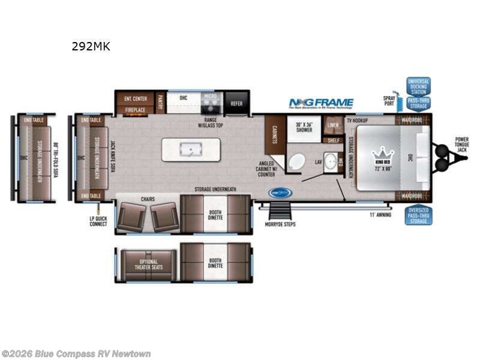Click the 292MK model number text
[x=91, y=46]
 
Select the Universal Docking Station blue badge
[x=418, y=86]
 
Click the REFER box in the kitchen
[x=236, y=103]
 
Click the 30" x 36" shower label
[x=304, y=127]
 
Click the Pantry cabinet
[x=160, y=103]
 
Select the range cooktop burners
[x=210, y=107]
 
